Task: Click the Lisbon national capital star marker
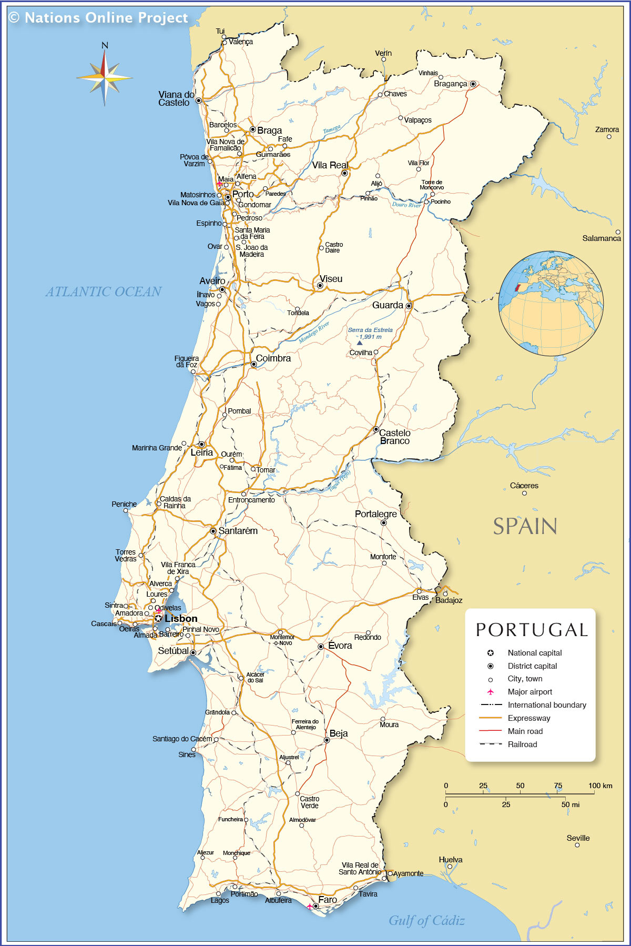pos(158,619)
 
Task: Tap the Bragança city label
pos(450,84)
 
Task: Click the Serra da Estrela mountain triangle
pos(360,343)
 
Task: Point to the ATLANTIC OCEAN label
pos(103,291)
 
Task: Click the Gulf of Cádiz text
pos(426,920)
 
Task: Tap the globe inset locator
pos(551,303)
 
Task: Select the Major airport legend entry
pos(530,692)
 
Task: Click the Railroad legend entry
pos(522,744)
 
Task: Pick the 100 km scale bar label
pos(600,786)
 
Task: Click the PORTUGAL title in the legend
pos(531,630)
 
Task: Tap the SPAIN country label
pos(525,526)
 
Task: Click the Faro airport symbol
pos(309,907)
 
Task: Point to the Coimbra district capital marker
pos(253,364)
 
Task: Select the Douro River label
pos(406,205)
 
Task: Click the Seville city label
pos(578,838)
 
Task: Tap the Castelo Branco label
pos(394,437)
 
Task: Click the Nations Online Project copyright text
pos(98,18)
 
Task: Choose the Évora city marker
pos(321,647)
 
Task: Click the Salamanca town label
pos(601,238)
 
